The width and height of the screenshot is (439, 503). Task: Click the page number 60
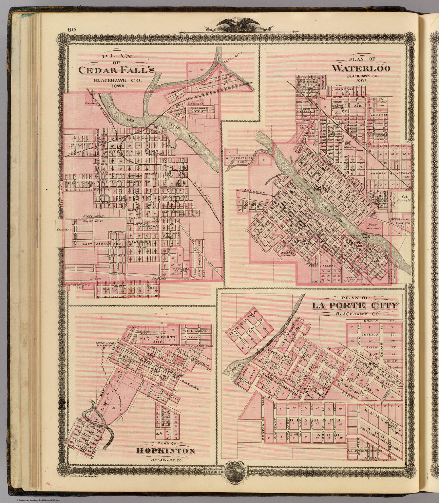[72, 30]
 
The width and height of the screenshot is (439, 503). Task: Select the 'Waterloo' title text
[361, 68]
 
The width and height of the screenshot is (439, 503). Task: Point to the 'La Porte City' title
[355, 306]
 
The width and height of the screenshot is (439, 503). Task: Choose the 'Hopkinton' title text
[165, 451]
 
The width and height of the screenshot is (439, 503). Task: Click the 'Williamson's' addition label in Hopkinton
[197, 331]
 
